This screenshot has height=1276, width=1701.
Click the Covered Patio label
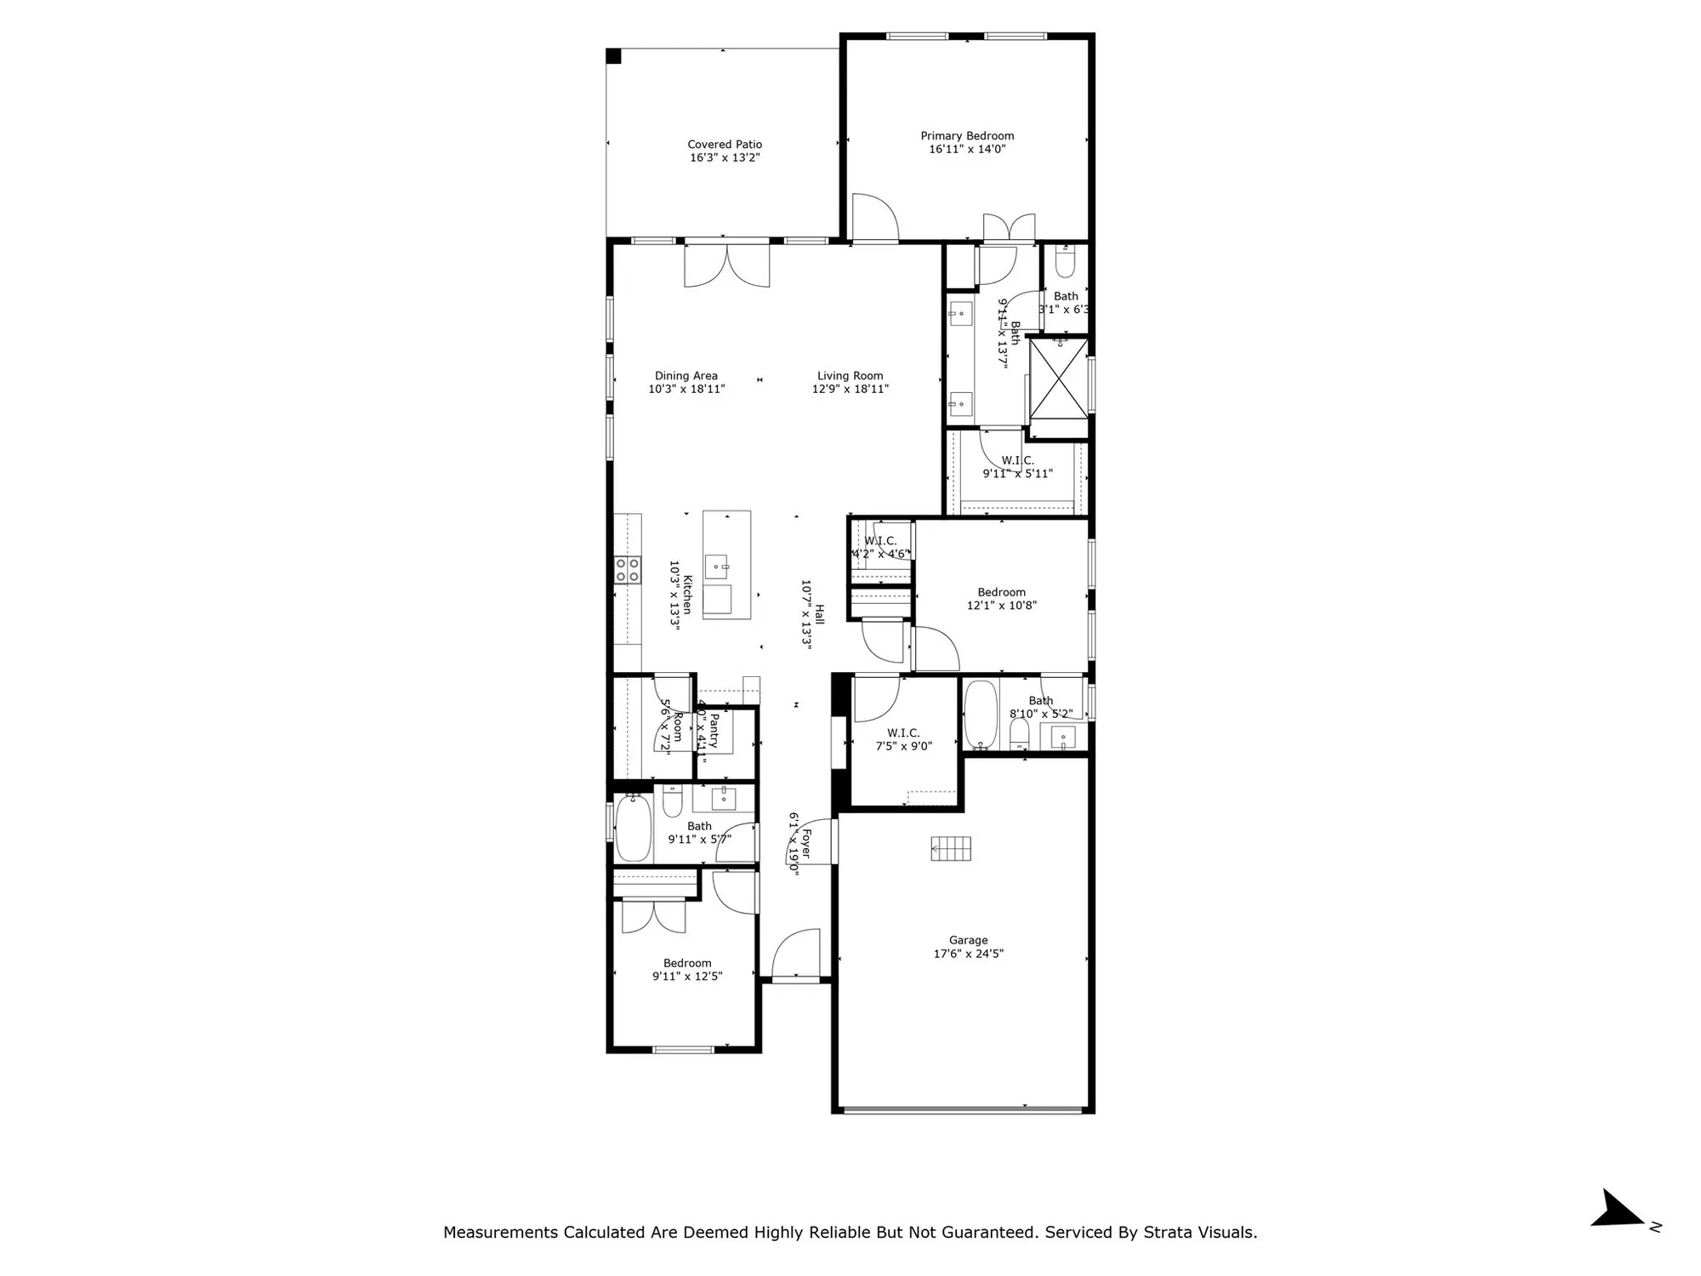pyautogui.click(x=725, y=145)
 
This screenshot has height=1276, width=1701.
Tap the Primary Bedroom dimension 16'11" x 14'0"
pyautogui.click(x=967, y=149)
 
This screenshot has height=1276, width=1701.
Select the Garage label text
pyautogui.click(x=968, y=940)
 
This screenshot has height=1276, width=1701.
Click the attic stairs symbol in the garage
pyautogui.click(x=951, y=848)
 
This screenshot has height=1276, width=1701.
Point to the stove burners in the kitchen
pyautogui.click(x=629, y=570)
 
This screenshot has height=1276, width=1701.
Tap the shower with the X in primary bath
pyautogui.click(x=1058, y=379)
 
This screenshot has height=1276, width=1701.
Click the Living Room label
pyautogui.click(x=850, y=375)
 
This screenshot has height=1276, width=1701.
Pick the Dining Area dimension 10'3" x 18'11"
pyautogui.click(x=686, y=389)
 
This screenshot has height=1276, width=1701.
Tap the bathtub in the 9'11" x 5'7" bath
pyautogui.click(x=633, y=828)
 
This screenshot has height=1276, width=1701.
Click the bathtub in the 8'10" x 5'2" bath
pyautogui.click(x=981, y=715)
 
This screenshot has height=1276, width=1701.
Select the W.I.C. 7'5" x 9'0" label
pyautogui.click(x=903, y=739)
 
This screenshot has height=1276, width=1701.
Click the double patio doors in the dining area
pyautogui.click(x=727, y=265)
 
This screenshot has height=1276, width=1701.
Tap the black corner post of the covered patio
pyautogui.click(x=613, y=56)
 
